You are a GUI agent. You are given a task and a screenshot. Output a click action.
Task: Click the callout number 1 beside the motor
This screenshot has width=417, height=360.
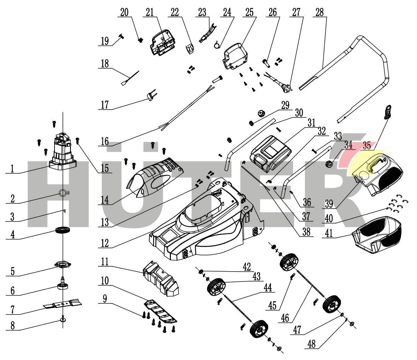click(12, 168)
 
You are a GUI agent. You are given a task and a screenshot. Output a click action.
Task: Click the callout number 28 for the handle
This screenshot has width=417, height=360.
click(319, 12)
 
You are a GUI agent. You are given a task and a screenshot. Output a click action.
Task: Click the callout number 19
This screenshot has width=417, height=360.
click(104, 41)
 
